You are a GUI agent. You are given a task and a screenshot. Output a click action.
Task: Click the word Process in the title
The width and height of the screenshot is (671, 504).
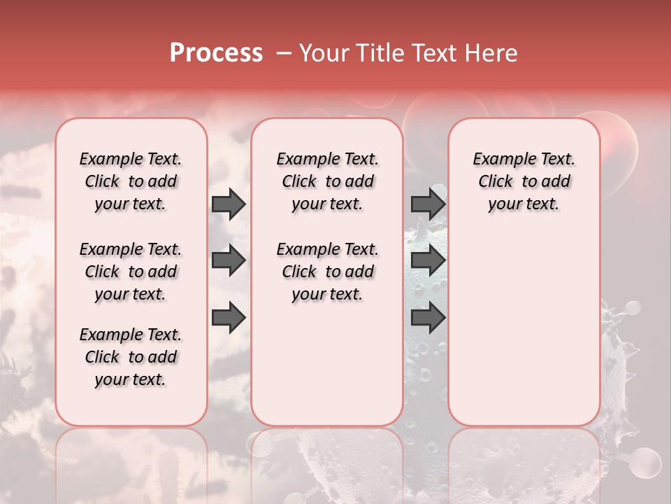[x=216, y=53]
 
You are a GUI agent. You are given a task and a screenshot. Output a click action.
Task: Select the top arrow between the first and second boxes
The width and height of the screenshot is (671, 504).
[x=229, y=204]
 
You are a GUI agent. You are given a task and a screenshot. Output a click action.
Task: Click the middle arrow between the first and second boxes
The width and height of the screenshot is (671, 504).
[x=229, y=260]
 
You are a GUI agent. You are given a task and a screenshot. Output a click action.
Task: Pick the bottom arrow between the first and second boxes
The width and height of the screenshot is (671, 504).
[x=229, y=317]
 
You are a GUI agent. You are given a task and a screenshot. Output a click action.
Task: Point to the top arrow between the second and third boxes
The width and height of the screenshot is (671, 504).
[x=428, y=204]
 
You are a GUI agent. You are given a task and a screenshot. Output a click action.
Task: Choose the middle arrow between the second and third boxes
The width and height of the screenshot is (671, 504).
[x=428, y=260]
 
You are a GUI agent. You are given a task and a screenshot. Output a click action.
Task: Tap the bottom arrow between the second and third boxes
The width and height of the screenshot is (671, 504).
[x=428, y=317]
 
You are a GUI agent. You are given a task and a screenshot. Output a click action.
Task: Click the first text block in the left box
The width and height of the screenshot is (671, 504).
[x=131, y=181]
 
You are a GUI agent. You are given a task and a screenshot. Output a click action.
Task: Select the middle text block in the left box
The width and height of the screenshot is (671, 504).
[x=131, y=272]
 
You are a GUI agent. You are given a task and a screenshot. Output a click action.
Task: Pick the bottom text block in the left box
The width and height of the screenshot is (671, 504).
[x=131, y=357]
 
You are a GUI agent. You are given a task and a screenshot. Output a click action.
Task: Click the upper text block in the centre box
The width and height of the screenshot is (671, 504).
[x=327, y=181]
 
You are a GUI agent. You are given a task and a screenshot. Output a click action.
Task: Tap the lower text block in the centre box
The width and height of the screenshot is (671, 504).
[x=327, y=272]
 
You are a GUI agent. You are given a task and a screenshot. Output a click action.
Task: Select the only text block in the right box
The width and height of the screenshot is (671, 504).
[x=524, y=181]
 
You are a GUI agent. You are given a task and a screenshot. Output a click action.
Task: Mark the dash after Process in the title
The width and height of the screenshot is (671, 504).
[x=283, y=53]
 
